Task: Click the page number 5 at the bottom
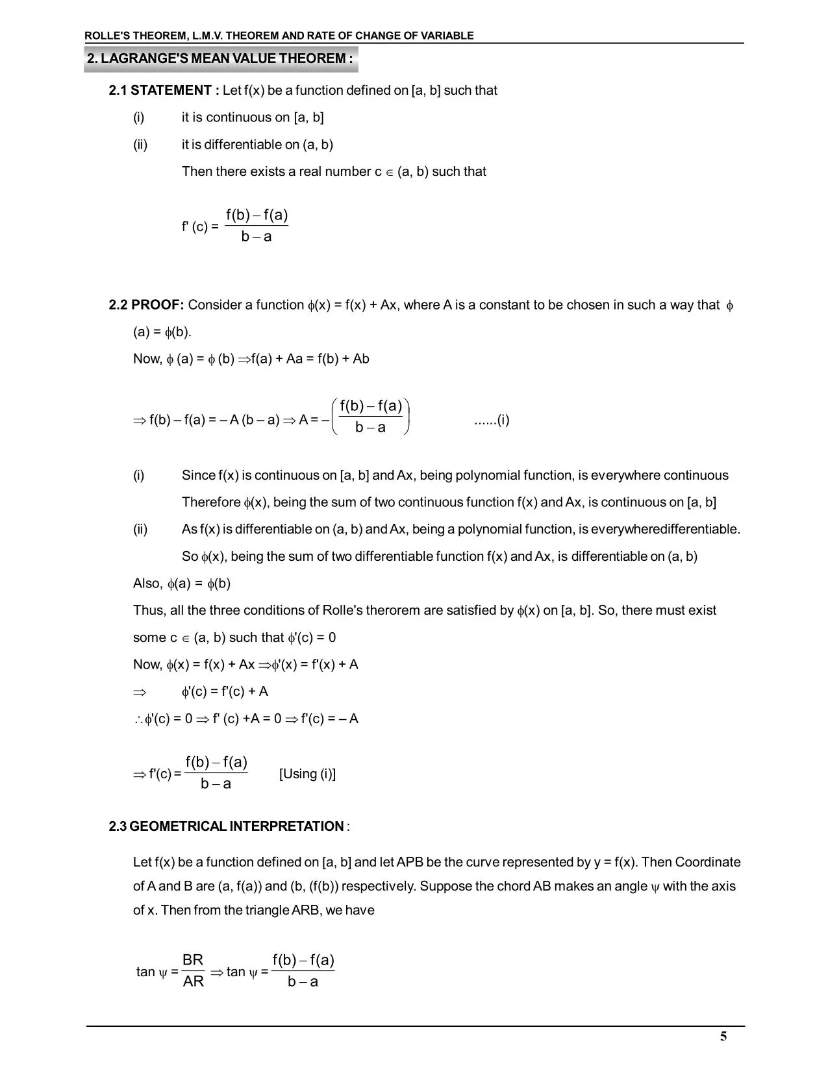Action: (x=723, y=1036)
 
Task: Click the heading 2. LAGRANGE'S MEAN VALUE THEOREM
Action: (x=220, y=58)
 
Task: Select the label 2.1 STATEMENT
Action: (x=160, y=90)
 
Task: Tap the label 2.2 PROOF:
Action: (x=147, y=305)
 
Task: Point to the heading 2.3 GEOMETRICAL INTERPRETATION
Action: (x=227, y=826)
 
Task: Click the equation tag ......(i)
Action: (x=492, y=420)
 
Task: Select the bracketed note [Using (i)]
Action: (x=307, y=774)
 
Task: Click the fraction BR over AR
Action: (x=193, y=970)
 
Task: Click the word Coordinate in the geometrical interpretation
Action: (x=708, y=862)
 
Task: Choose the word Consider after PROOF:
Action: (x=220, y=305)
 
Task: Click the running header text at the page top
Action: (x=279, y=36)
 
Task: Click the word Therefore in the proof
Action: (x=211, y=502)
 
